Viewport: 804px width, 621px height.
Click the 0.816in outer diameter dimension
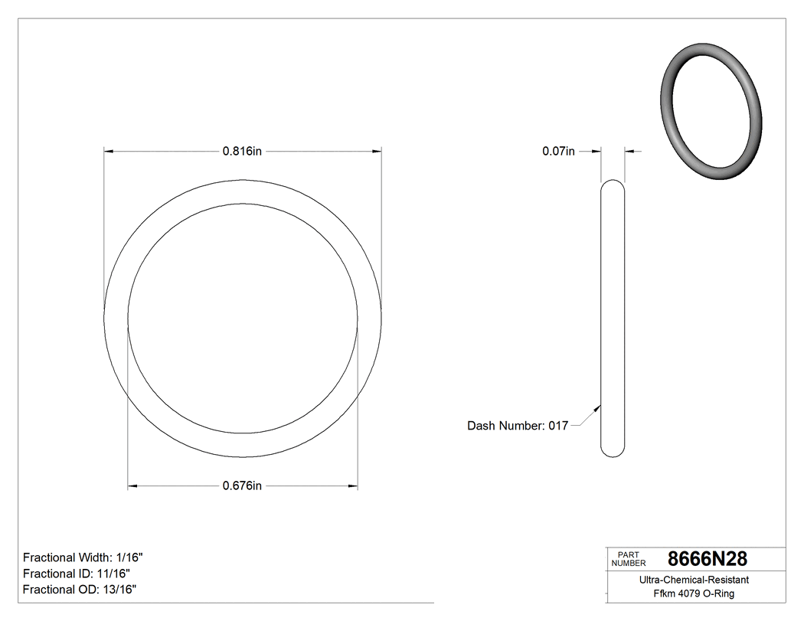point(242,152)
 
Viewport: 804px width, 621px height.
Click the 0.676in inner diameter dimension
point(242,485)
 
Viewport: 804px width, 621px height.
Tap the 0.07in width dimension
point(558,152)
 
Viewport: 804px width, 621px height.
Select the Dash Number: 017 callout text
point(518,426)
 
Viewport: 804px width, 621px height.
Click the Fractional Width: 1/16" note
point(83,557)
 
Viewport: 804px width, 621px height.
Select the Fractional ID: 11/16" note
point(77,574)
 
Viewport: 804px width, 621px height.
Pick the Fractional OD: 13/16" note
point(80,590)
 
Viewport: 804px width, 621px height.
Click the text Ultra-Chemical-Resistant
point(694,580)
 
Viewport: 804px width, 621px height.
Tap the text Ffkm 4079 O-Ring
point(694,594)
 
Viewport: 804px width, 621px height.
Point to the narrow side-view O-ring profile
point(613,318)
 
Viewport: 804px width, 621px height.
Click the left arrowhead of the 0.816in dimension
point(107,152)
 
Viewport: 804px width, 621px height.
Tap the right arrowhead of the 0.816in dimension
point(378,152)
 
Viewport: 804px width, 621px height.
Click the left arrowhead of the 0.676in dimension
point(131,485)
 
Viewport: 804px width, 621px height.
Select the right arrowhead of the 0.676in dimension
point(355,485)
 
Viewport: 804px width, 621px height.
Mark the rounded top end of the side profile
point(613,184)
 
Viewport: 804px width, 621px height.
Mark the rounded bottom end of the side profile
point(613,453)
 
